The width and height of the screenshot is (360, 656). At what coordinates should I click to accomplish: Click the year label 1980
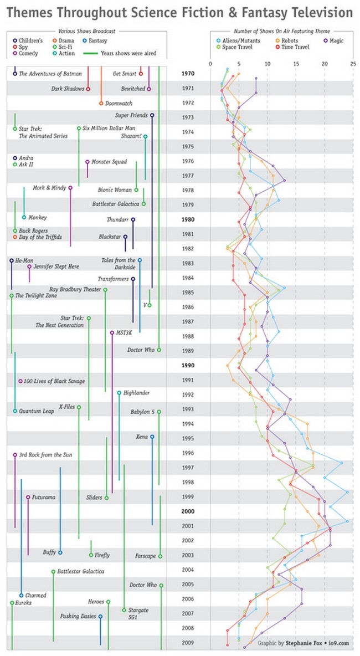coord(187,219)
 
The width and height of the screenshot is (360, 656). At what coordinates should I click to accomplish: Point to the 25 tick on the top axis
coord(353,64)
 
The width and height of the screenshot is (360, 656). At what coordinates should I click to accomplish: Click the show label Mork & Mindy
coord(49,188)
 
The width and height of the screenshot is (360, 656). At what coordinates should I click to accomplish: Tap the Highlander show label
coord(136,393)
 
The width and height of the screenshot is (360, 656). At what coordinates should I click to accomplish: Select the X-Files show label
coord(66,407)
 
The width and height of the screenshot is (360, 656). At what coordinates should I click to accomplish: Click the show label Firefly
coord(102,555)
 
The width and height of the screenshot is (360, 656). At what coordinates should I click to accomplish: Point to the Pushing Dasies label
coord(78,616)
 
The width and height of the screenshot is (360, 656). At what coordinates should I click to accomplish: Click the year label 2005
coord(187,585)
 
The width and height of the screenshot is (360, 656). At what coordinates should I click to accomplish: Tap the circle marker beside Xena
coord(152,437)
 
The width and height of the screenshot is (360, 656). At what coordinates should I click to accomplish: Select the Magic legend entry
coord(333,40)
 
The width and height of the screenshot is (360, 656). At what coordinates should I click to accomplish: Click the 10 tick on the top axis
coord(268,64)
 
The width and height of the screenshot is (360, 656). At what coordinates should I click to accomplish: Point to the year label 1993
coord(187,409)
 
